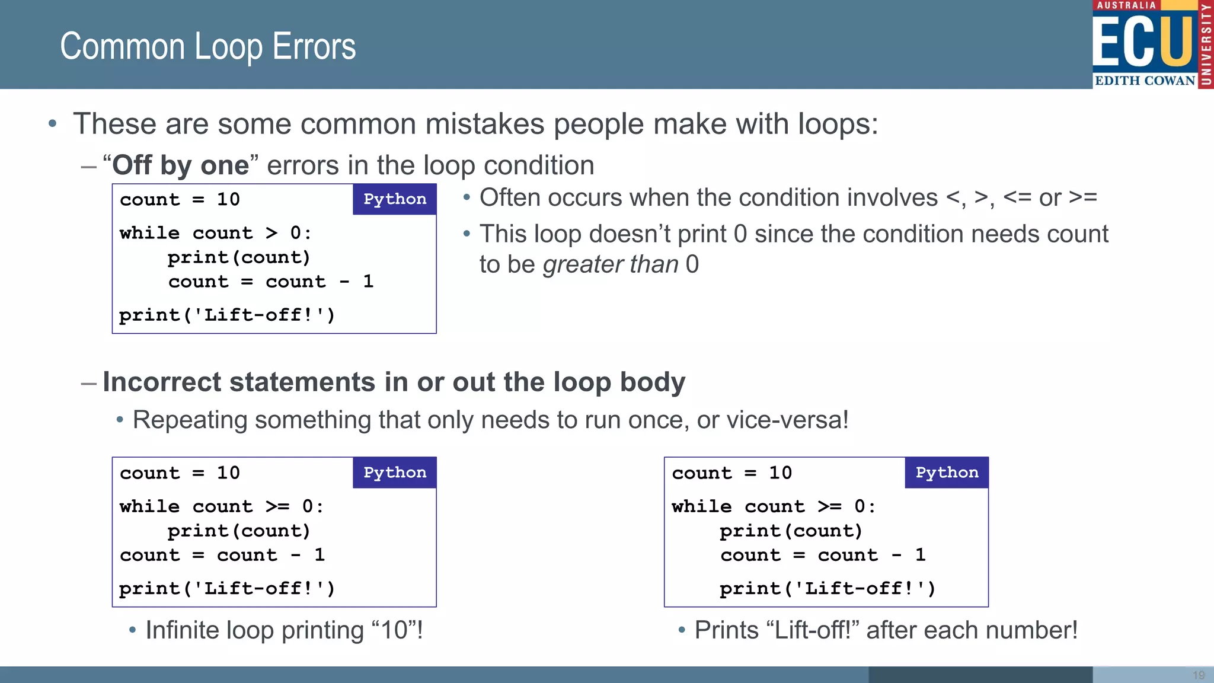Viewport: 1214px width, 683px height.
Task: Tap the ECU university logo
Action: coord(1152,44)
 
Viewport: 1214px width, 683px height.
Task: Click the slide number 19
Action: coord(1199,675)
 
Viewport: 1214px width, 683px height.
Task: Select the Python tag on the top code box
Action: coord(395,199)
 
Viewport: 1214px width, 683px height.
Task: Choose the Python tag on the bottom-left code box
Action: coord(395,473)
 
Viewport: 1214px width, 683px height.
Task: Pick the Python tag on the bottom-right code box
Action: coord(947,473)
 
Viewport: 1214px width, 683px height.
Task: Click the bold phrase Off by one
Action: coord(180,165)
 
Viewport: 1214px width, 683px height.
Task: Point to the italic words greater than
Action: coord(610,264)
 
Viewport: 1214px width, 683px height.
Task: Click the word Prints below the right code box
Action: coord(726,630)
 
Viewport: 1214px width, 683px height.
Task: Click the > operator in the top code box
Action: coord(271,233)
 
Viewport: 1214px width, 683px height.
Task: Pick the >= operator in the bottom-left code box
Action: coord(277,506)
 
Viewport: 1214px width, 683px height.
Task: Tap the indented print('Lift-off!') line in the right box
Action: coord(827,588)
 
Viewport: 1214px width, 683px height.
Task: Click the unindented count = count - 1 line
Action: coord(222,555)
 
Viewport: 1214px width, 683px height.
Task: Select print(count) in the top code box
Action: coord(239,257)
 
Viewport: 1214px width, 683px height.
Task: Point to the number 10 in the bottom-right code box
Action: coord(780,473)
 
